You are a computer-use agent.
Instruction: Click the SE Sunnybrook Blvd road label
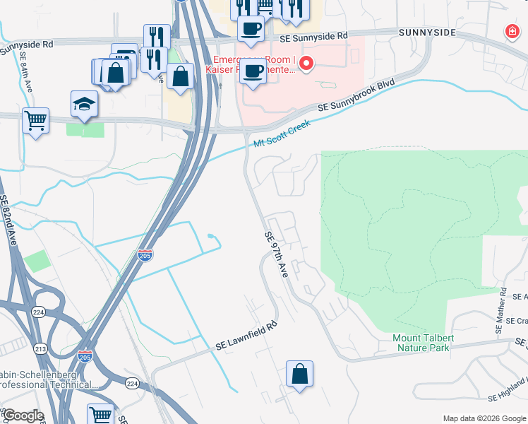click(x=356, y=96)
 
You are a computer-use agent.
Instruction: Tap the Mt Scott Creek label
click(x=282, y=136)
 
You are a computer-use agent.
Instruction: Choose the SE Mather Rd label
click(x=501, y=311)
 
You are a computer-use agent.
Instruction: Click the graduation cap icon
click(x=84, y=104)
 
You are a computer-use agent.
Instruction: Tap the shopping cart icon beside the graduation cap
click(x=35, y=120)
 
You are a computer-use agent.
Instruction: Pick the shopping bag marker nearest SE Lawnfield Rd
click(x=299, y=375)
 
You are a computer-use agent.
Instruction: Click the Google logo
click(x=23, y=416)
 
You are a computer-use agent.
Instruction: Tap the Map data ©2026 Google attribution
click(x=483, y=418)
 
